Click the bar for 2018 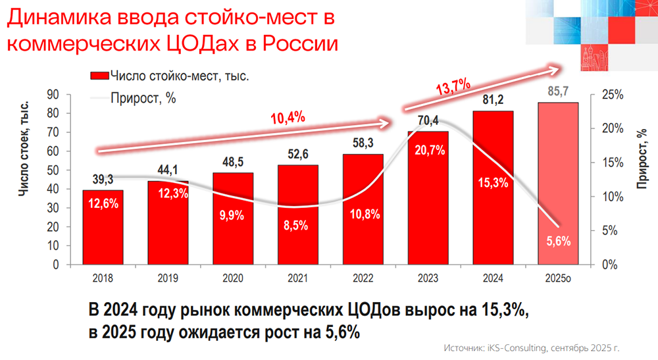pos(102,227)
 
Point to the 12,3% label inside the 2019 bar pos(167,193)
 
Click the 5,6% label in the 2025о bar pos(558,241)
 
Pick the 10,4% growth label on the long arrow pos(288,118)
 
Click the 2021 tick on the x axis pos(297,278)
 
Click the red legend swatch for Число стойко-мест pos(99,77)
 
